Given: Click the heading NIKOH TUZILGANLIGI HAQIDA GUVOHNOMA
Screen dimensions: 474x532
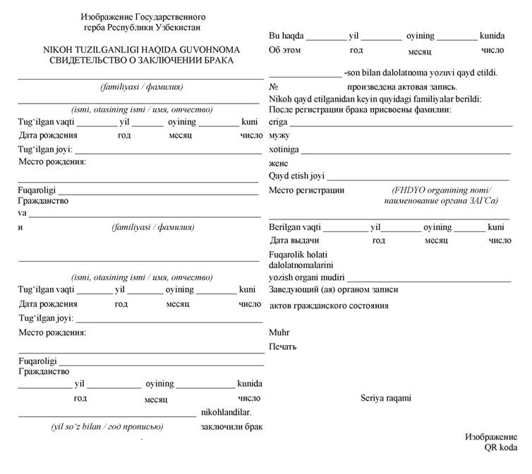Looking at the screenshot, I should tap(141, 50).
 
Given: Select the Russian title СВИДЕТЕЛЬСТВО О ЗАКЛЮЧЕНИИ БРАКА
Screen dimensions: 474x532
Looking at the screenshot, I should tap(141, 61).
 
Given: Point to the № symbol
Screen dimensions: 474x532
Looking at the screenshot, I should tap(272, 85).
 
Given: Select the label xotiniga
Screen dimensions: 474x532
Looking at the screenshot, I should tap(284, 150).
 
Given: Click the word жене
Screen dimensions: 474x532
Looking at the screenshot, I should tap(280, 163).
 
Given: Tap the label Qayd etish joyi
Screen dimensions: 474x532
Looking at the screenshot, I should tap(296, 176).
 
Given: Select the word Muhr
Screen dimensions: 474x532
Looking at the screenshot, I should tap(279, 332).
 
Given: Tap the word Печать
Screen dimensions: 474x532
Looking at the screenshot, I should tap(282, 346).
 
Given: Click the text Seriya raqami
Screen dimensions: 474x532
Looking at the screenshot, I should tap(385, 398).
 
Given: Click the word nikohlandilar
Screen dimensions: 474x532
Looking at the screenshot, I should tap(226, 412).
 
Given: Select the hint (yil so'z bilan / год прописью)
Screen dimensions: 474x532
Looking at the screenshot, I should tap(107, 427).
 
